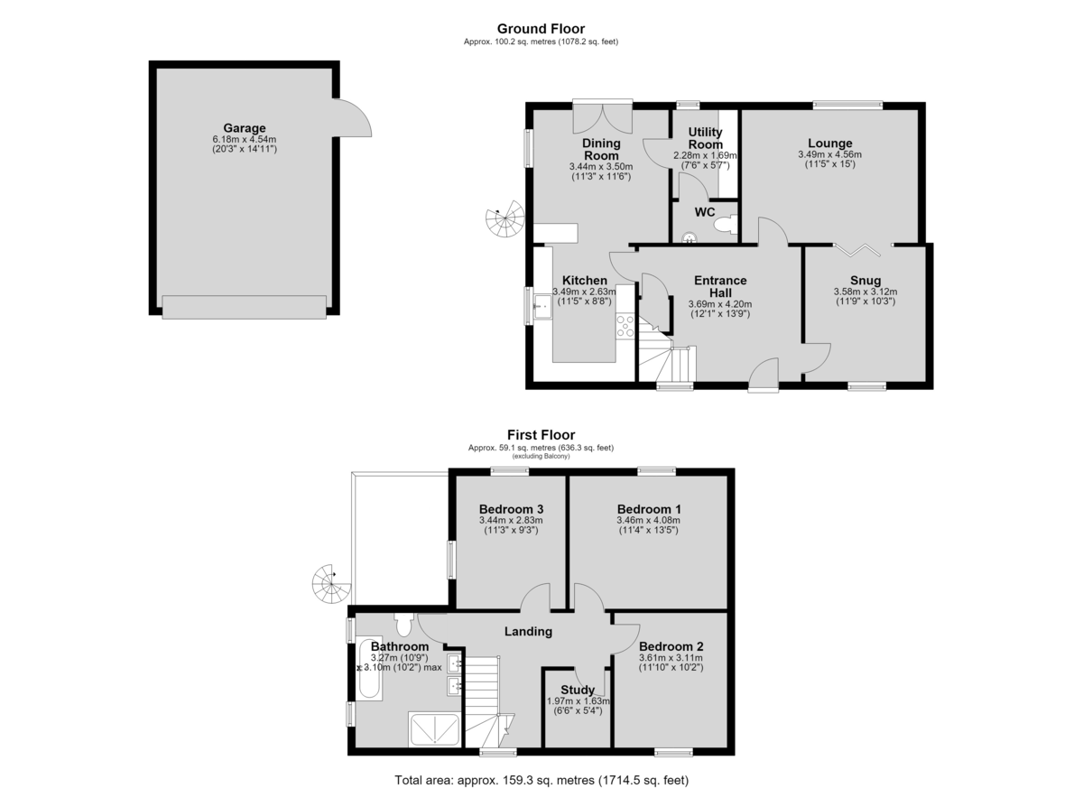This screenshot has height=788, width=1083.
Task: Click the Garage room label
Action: click(x=245, y=128)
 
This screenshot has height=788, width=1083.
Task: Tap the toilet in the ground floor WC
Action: click(x=726, y=225)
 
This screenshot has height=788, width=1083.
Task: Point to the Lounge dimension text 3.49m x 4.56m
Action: click(x=829, y=154)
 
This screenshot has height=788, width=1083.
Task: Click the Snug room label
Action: click(x=865, y=281)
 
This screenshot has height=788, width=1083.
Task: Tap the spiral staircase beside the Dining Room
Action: click(x=505, y=219)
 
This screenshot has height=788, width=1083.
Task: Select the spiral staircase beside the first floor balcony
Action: click(x=331, y=583)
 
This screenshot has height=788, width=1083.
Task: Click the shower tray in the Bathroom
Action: click(x=434, y=729)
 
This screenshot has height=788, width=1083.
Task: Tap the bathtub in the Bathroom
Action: click(x=369, y=669)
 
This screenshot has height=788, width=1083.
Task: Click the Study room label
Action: click(x=578, y=690)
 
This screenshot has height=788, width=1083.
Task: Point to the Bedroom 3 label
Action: click(x=511, y=509)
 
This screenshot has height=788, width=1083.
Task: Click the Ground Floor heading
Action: click(x=541, y=29)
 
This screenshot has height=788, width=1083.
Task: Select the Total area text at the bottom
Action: click(x=541, y=766)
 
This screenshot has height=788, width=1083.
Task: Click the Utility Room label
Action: click(x=705, y=138)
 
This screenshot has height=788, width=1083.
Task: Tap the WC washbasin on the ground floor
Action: click(x=689, y=236)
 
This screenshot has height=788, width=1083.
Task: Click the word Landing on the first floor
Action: click(x=528, y=631)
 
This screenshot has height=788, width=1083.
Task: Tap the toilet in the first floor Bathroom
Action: click(x=403, y=625)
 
